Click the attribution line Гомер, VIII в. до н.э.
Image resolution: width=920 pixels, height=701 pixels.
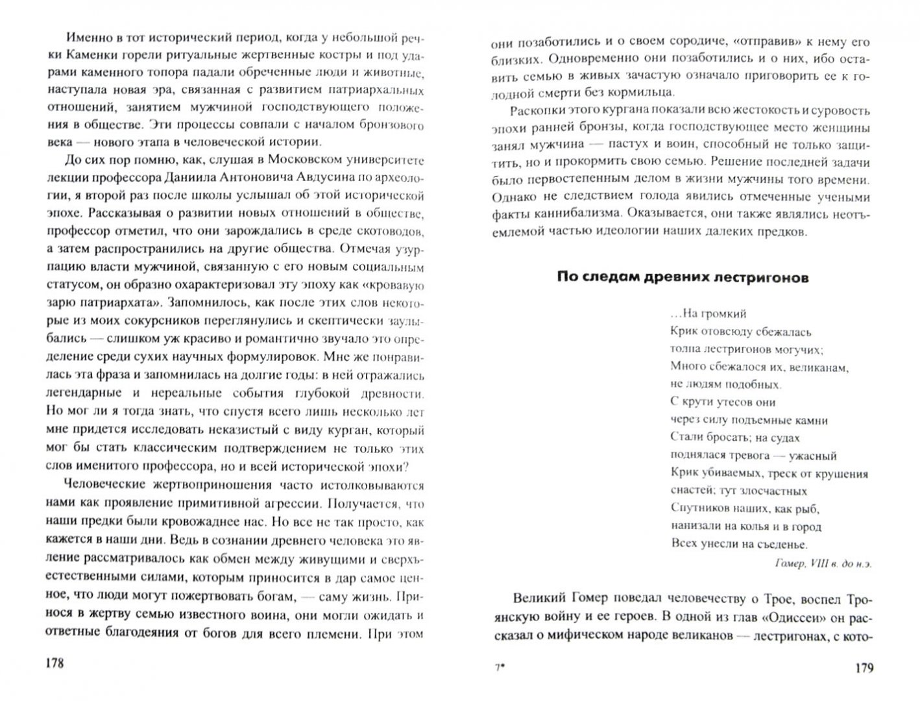[823, 563]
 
